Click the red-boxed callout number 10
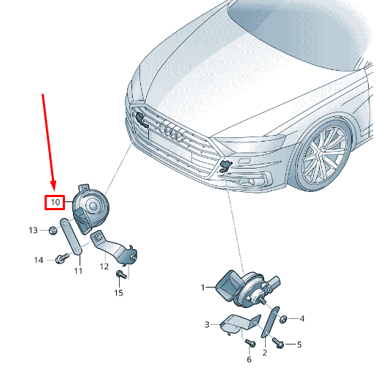pyautogui.click(x=54, y=201)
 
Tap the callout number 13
pyautogui.click(x=33, y=231)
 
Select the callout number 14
pyautogui.click(x=39, y=259)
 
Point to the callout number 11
pyautogui.click(x=78, y=271)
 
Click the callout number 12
pyautogui.click(x=104, y=266)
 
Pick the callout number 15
pyautogui.click(x=118, y=293)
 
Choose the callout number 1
pyautogui.click(x=204, y=288)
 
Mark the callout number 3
pyautogui.click(x=207, y=324)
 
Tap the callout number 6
pyautogui.click(x=248, y=359)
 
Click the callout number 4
pyautogui.click(x=302, y=318)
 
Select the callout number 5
pyautogui.click(x=298, y=343)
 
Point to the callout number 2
pyautogui.click(x=264, y=353)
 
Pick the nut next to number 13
pyautogui.click(x=53, y=231)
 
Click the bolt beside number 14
pyautogui.click(x=61, y=258)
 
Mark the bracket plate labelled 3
pyautogui.click(x=234, y=324)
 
